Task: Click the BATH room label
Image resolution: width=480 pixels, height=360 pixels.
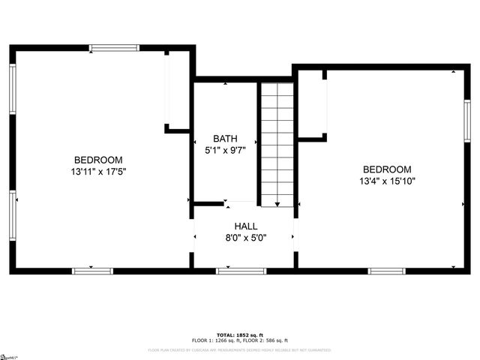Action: pos(225,138)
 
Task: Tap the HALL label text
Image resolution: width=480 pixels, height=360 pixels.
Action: pos(245,226)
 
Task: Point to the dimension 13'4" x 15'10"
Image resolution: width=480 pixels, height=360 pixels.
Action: pos(387,181)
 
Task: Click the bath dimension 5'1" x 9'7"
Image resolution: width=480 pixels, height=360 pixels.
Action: pos(225,150)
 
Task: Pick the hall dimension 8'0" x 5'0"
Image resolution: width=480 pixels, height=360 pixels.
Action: pos(245,238)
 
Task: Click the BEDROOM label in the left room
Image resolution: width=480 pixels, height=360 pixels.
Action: pos(97,160)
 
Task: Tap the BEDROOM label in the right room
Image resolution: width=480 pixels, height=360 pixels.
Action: pos(387,169)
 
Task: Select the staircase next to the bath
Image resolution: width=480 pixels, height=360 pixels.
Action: pos(277,142)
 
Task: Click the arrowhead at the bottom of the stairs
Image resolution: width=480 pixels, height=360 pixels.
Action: pos(277,203)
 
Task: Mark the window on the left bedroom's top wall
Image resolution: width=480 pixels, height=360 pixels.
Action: pos(114,48)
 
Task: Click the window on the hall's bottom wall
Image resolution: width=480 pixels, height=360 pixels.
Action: pos(241,270)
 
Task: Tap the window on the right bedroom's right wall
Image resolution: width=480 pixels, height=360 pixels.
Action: pos(466,121)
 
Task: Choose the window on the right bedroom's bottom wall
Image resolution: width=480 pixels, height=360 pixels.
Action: pos(386,270)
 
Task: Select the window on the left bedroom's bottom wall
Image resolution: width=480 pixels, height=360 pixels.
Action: pos(92,270)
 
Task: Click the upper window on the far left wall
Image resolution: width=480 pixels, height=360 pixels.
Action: pos(13,89)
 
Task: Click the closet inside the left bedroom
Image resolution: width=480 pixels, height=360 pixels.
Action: pos(177,90)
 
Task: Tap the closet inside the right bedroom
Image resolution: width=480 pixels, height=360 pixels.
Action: pos(312,105)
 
